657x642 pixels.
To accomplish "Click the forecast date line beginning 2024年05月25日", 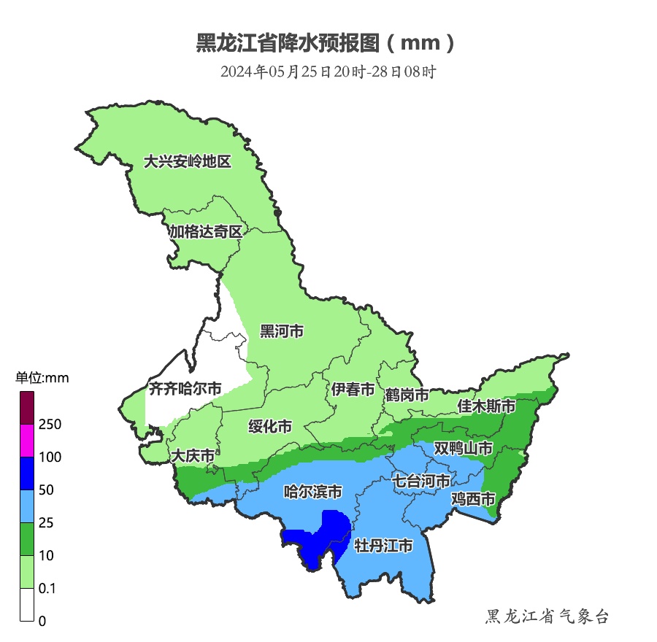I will (328, 71).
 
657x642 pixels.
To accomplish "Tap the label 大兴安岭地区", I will (187, 161).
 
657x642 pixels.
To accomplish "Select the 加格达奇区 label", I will (205, 232).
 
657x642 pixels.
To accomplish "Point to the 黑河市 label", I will (282, 331).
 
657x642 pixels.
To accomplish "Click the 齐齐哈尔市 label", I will (185, 389).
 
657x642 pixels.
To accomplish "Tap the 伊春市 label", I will (353, 390).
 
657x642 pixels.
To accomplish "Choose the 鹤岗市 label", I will (407, 395).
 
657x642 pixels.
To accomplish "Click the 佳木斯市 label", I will (486, 406).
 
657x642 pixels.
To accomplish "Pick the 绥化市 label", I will (270, 426).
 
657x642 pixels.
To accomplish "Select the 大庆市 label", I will (193, 456).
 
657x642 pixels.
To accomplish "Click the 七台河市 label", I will (421, 481).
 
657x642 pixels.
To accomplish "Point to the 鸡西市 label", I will (473, 499).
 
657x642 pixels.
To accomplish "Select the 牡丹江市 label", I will (383, 546).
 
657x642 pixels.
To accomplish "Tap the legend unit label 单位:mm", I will (42, 377).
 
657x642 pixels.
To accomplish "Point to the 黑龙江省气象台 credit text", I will (547, 616).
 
